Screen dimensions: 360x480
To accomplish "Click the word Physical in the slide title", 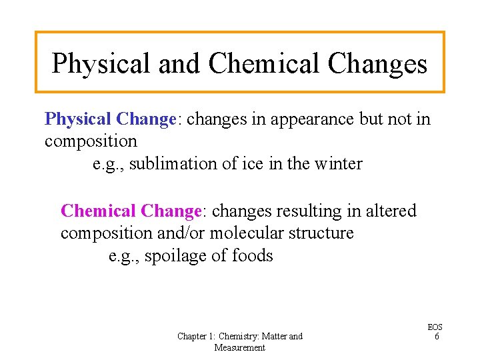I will tap(101, 63).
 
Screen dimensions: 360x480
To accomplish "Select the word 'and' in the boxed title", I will tap(179, 63).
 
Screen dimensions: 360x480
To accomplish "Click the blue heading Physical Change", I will tap(109, 119).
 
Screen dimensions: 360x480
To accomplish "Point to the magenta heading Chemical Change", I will tap(131, 211).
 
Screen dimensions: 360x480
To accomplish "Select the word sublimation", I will tap(171, 163).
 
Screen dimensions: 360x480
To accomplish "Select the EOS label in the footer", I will tap(435, 327).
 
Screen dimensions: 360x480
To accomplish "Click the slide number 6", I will tap(436, 337).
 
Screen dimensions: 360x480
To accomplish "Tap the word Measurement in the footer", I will tap(239, 347).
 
